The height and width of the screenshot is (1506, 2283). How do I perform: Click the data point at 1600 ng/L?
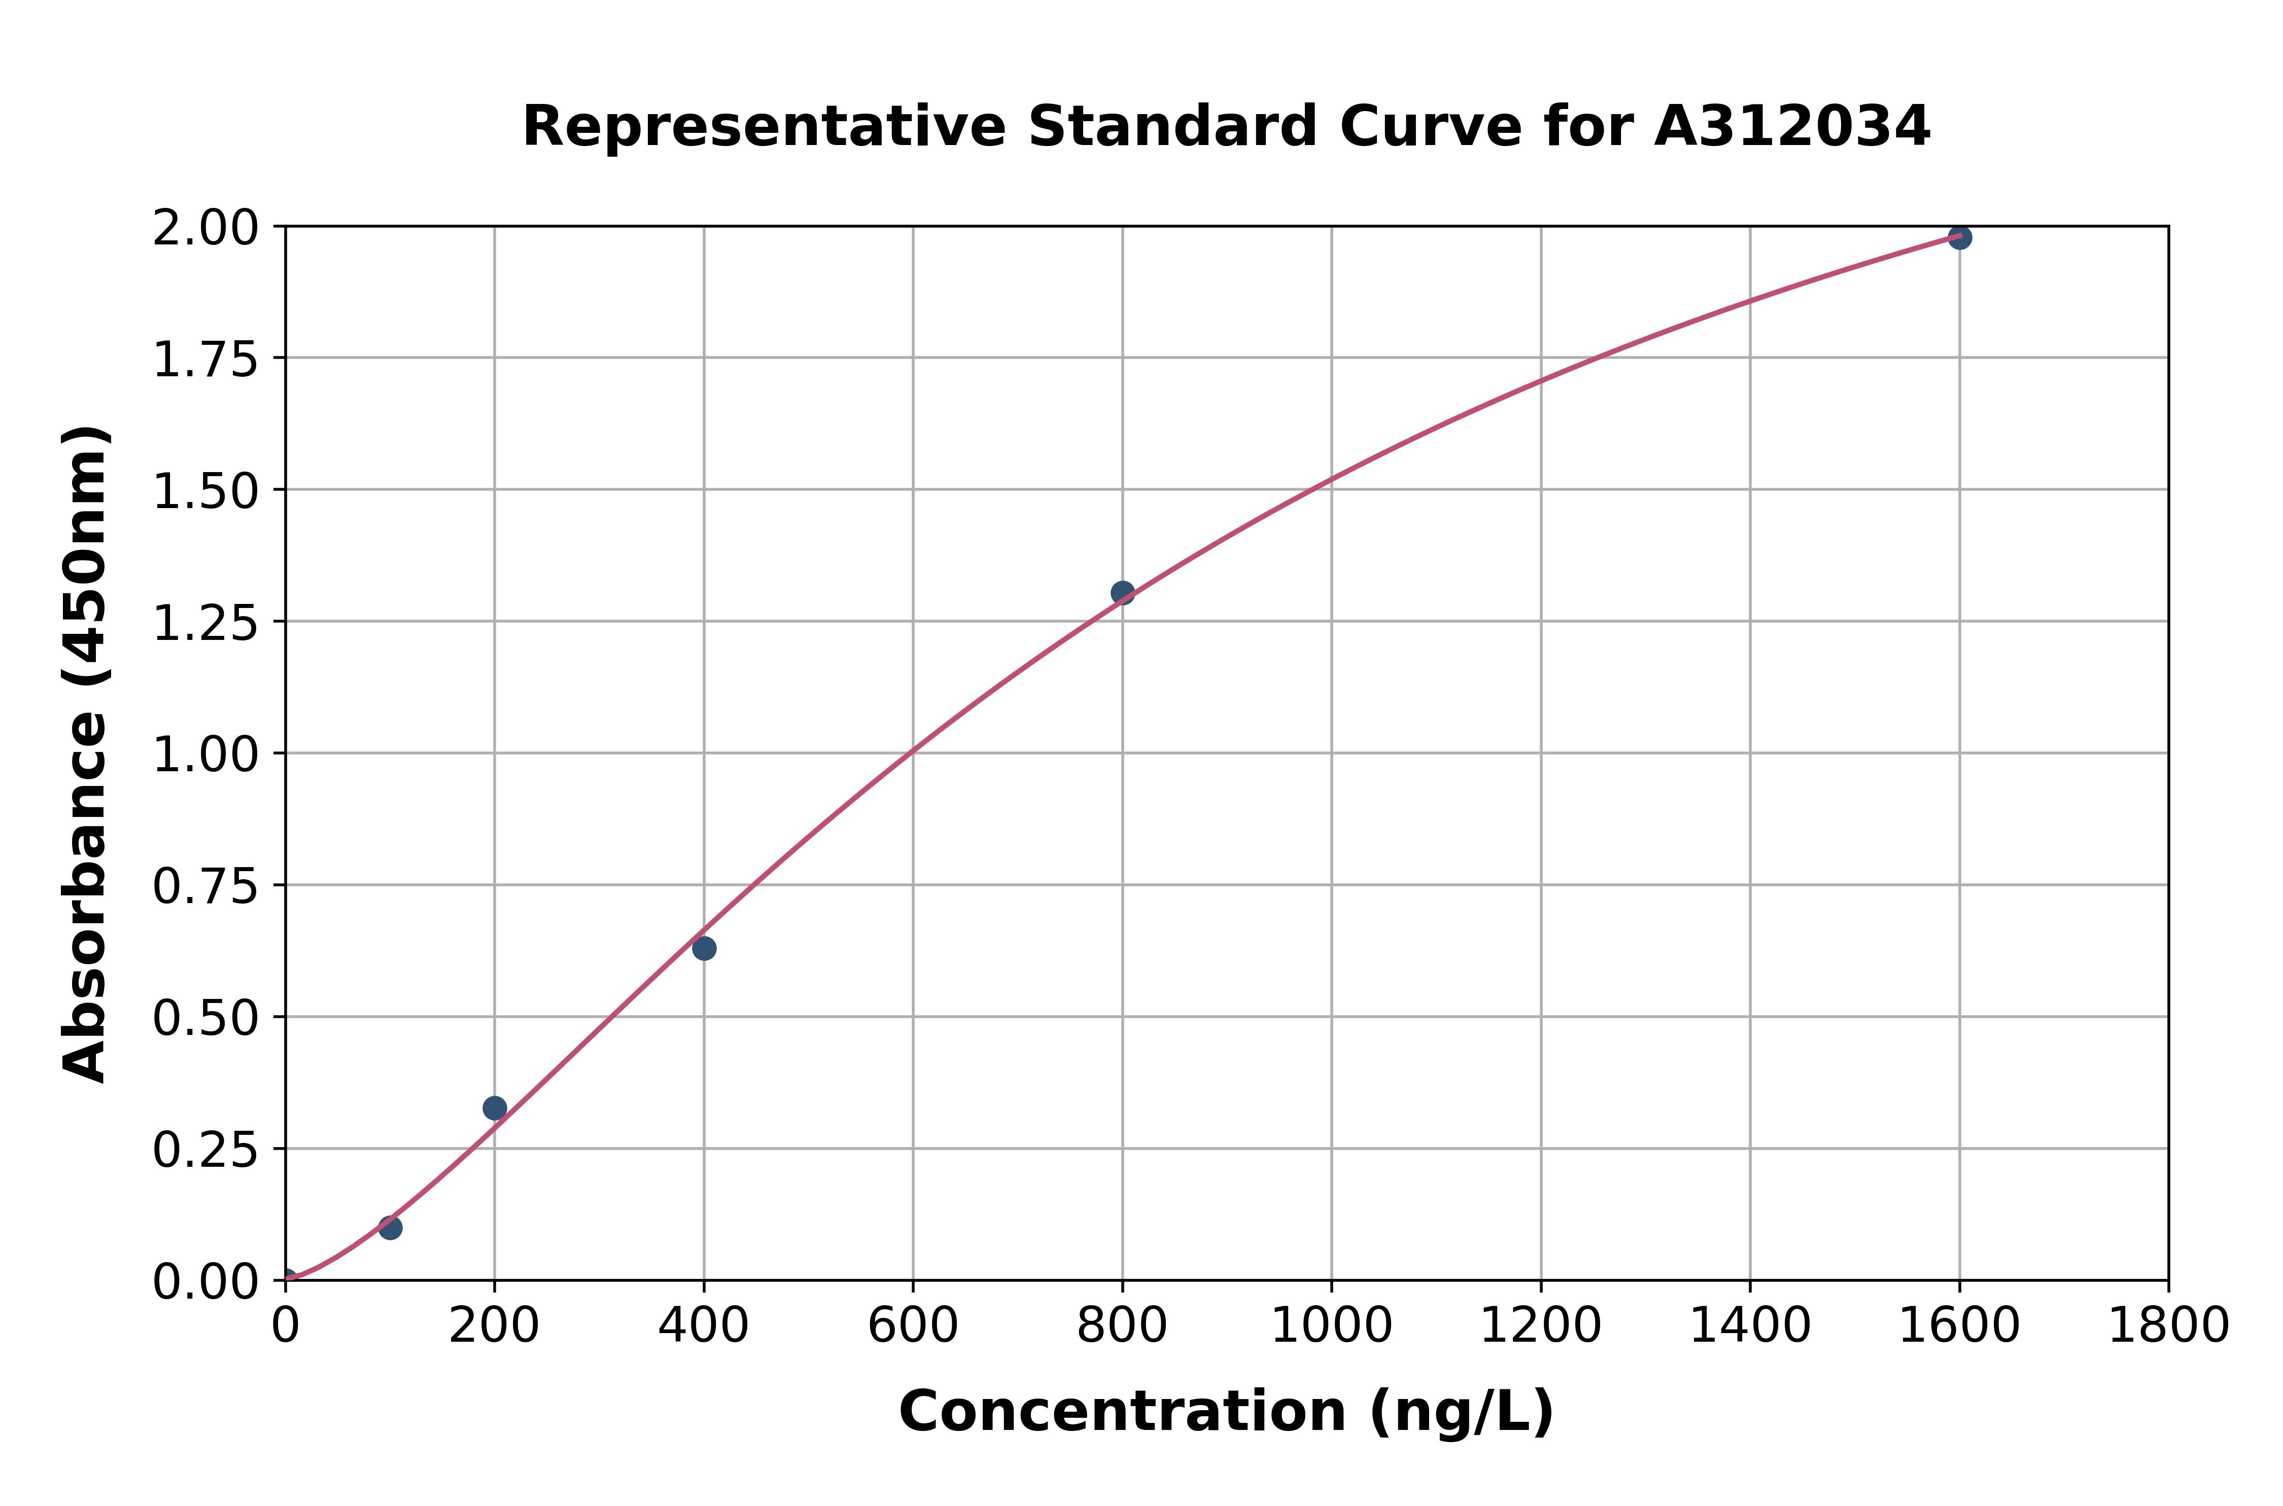click(1959, 237)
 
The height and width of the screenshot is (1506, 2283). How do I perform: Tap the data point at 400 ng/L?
click(703, 948)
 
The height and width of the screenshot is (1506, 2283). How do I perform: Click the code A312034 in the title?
click(1792, 127)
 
